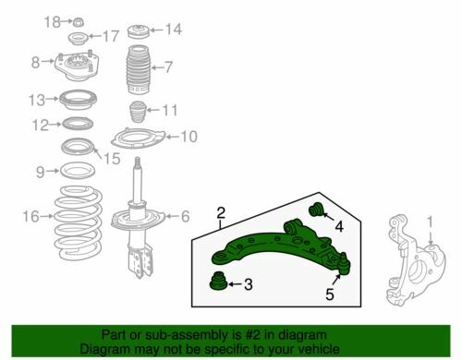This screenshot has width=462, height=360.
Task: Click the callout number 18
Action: coord(52,22)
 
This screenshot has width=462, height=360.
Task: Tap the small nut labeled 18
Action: coord(79,22)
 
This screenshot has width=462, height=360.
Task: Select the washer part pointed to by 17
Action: coord(78,39)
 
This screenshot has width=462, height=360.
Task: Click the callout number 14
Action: coord(174,30)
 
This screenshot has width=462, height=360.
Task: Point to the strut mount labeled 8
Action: coord(77,66)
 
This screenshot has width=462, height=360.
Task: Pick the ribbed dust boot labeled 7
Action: coord(138,69)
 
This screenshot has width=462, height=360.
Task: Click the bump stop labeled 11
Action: coord(138,112)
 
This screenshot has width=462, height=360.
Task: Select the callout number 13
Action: coord(37,100)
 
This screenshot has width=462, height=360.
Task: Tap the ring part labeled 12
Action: coord(78,124)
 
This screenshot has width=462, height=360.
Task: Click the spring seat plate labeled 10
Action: coord(138,138)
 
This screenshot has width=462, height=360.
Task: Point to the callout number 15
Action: coord(112,159)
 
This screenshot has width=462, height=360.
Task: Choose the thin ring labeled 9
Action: coord(78,171)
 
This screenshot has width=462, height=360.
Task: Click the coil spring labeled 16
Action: coord(78,222)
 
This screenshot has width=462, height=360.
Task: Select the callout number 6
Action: coord(185,216)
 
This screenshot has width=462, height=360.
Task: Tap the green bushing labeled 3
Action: coord(218,282)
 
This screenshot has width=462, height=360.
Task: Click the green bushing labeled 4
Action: coord(315,210)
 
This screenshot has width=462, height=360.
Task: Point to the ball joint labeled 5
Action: coord(344,264)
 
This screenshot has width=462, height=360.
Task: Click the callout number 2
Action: coord(221,213)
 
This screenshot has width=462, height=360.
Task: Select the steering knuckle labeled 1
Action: coord(416,260)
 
